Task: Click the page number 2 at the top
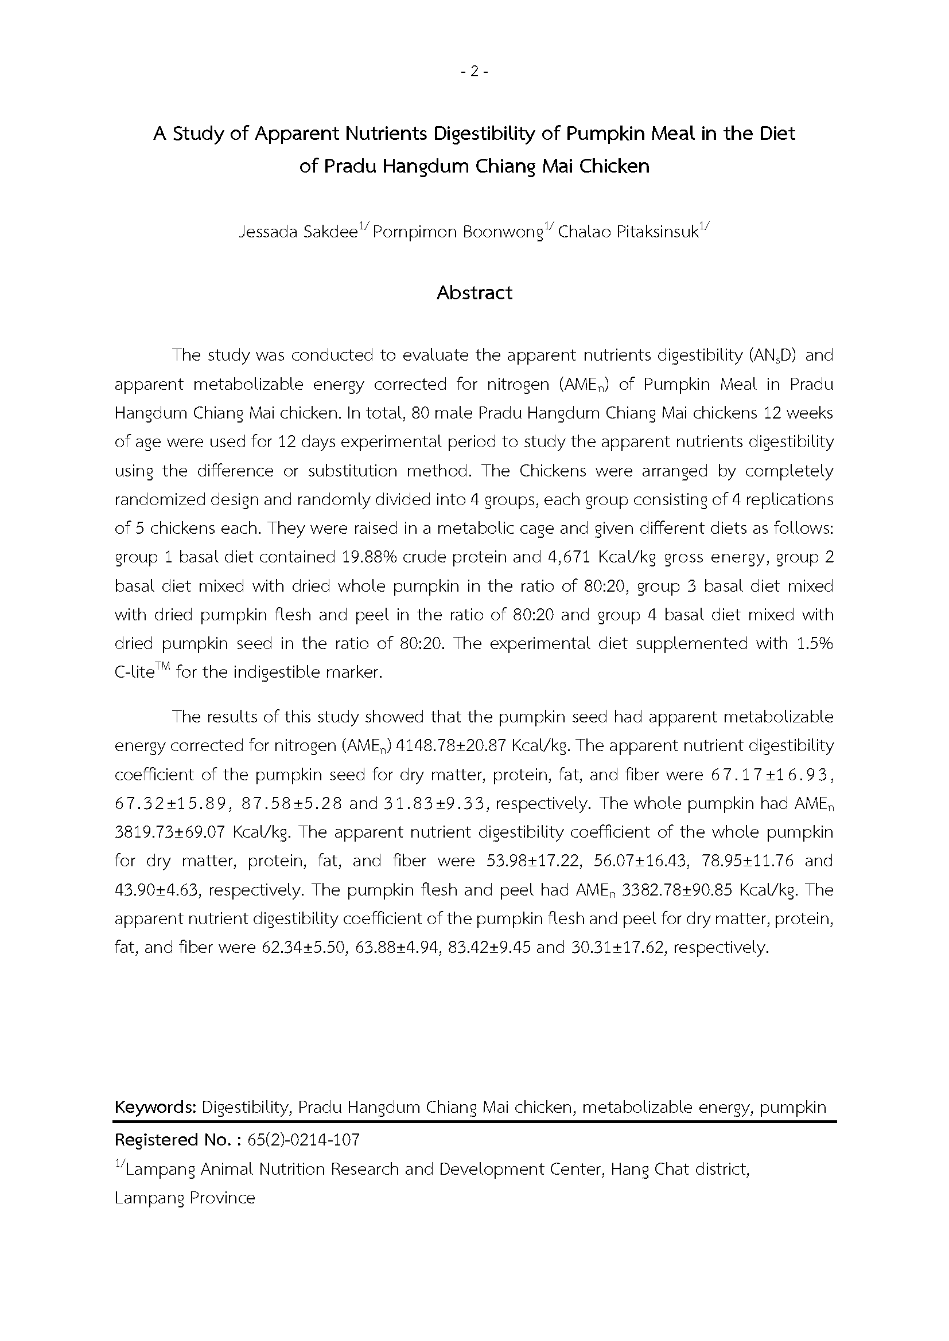(474, 71)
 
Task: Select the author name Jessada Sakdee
(298, 232)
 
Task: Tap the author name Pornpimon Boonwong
(458, 232)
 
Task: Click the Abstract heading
(474, 292)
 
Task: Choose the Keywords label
(155, 1108)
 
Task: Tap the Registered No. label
(177, 1140)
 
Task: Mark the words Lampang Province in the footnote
(185, 1198)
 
